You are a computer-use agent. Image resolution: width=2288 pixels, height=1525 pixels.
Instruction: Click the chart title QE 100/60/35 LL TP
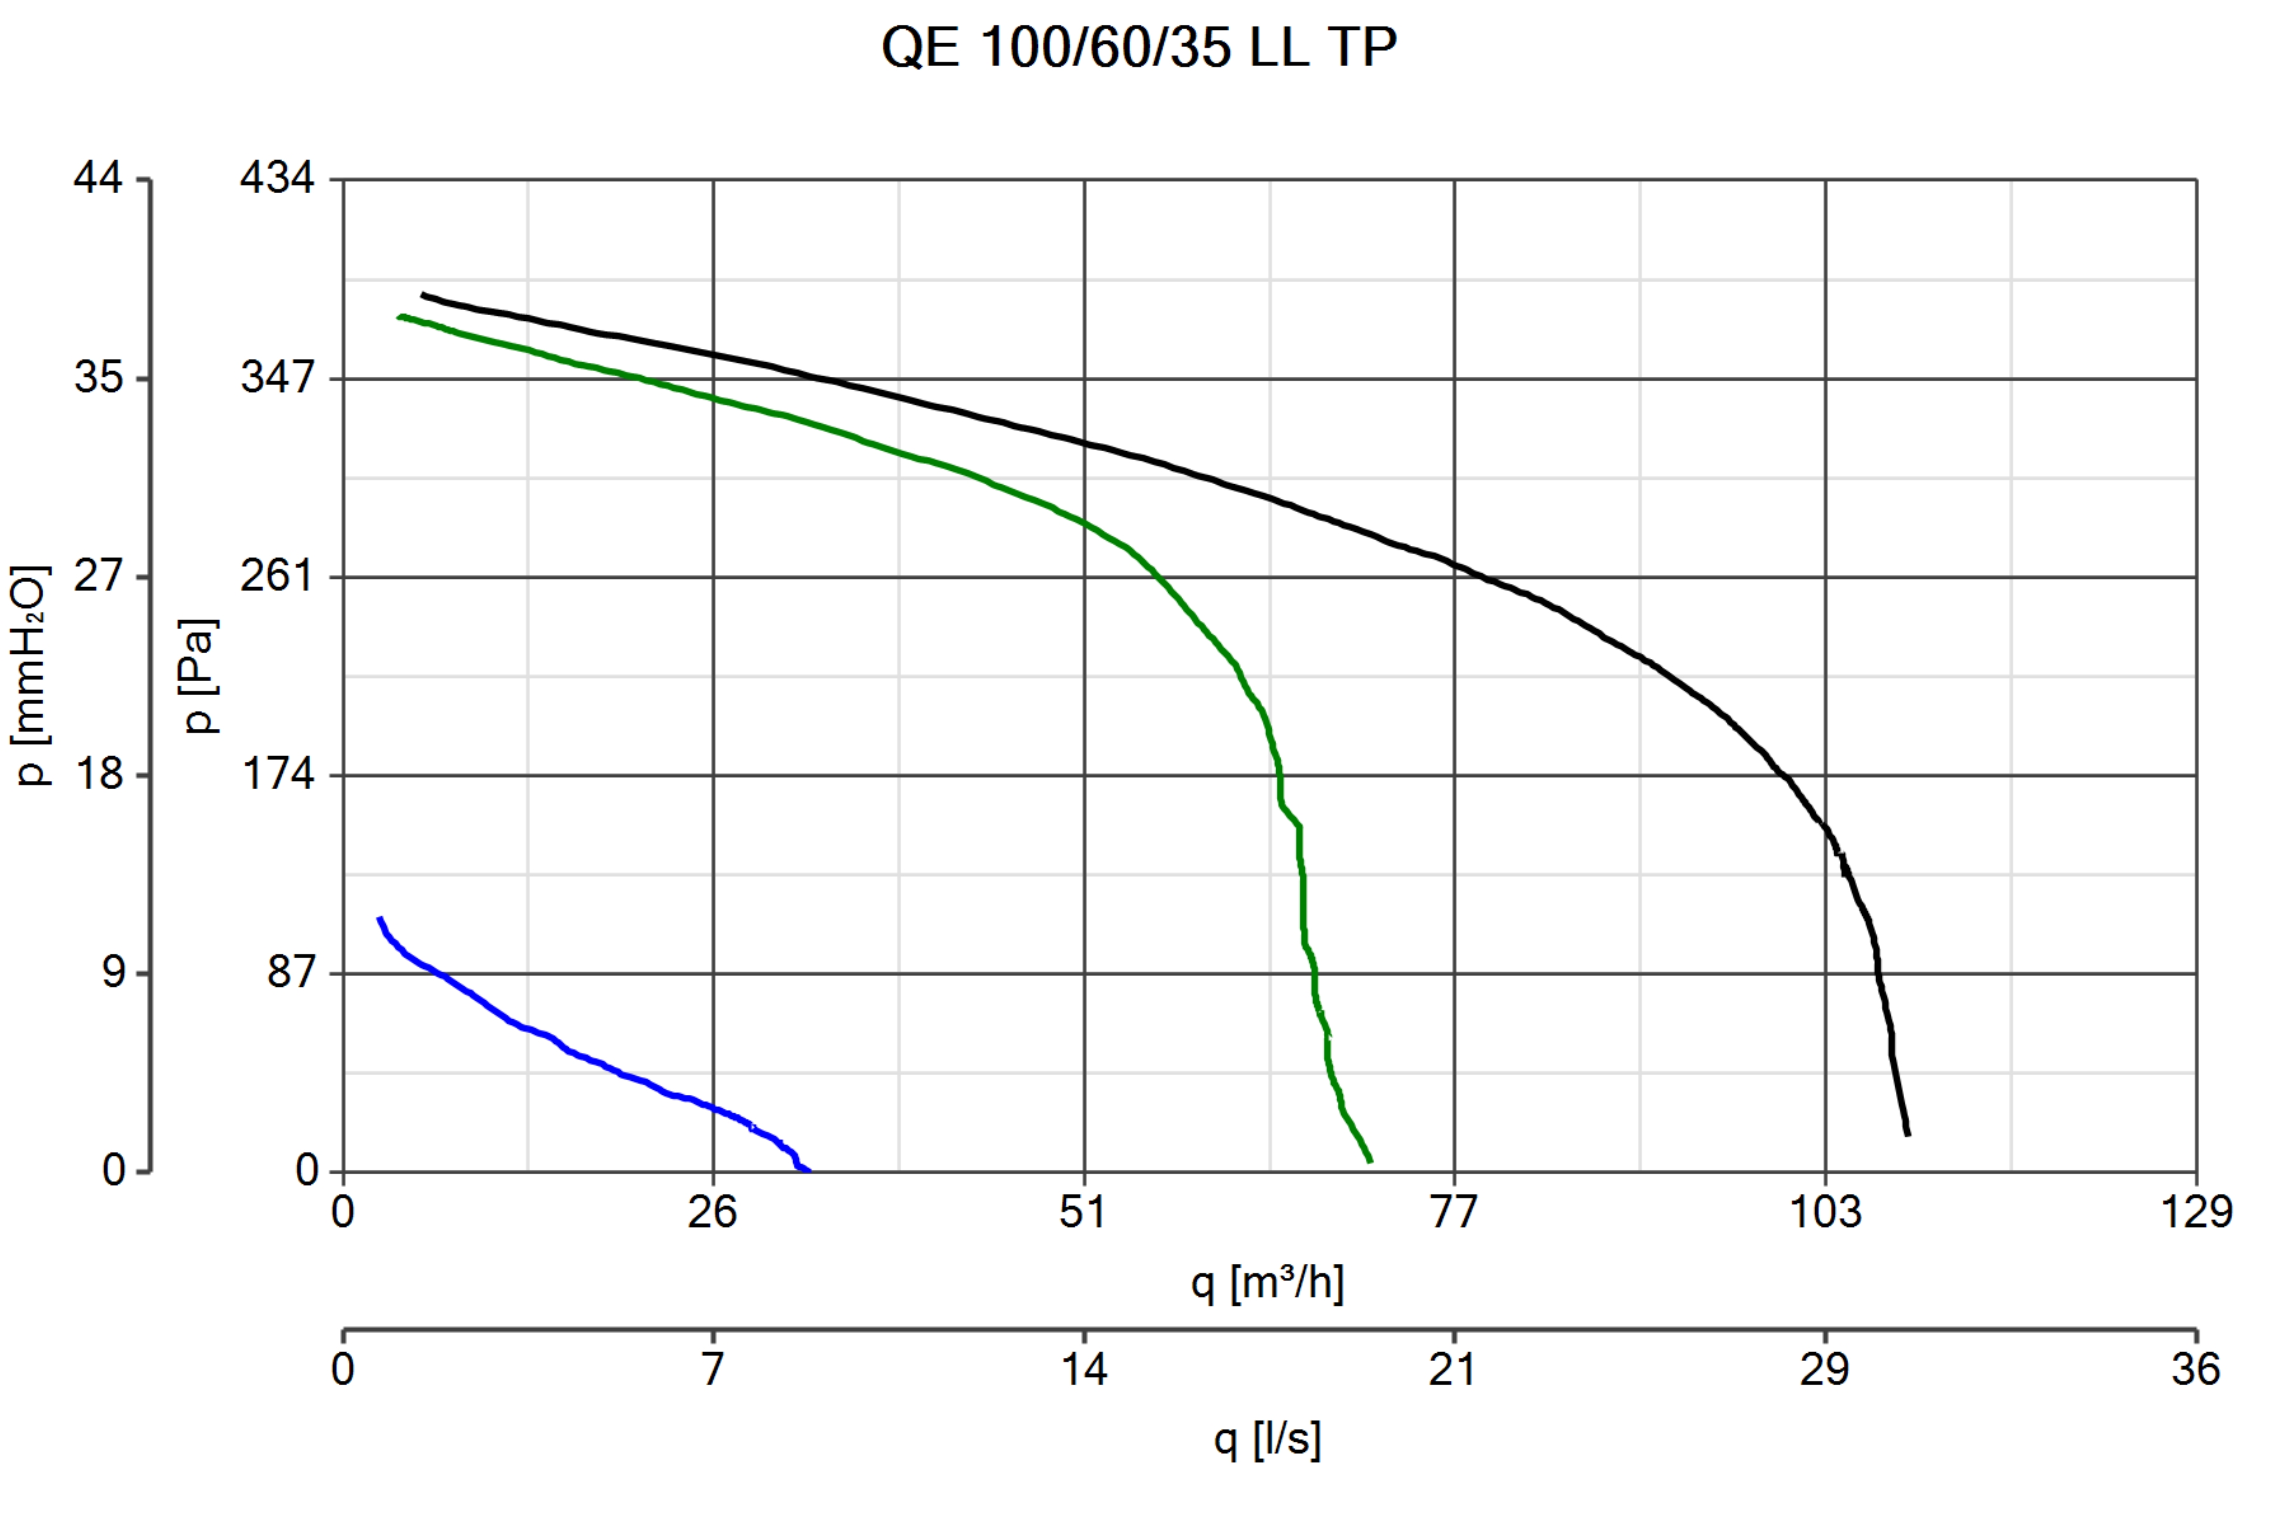1138,46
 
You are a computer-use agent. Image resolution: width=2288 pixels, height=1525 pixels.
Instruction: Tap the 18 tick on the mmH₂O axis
99,774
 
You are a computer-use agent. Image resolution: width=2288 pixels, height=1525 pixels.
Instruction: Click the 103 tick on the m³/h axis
1825,1212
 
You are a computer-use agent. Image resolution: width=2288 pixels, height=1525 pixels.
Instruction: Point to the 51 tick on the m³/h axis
1084,1212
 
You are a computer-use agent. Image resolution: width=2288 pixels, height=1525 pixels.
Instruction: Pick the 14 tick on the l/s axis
1084,1369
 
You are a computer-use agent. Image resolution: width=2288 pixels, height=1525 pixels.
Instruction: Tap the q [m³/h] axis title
1267,1284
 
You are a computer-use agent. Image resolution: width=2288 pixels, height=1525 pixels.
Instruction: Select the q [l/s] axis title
1267,1439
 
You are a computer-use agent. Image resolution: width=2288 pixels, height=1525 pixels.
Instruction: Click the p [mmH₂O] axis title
31,674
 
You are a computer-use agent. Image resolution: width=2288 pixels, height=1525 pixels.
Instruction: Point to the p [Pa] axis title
200,674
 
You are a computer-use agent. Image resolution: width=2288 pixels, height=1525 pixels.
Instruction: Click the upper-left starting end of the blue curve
379,918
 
